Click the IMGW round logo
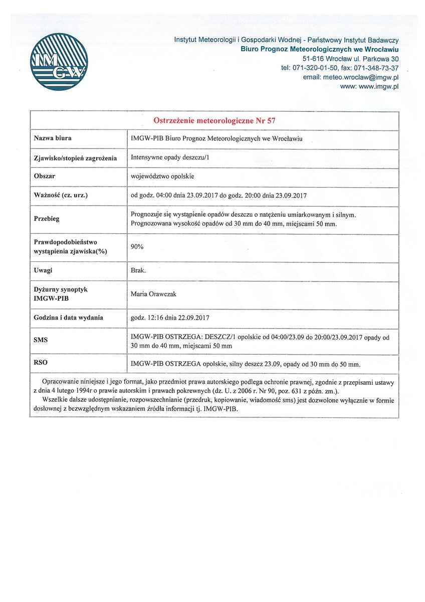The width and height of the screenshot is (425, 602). tap(59, 62)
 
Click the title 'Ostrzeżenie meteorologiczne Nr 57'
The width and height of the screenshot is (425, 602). tap(214, 120)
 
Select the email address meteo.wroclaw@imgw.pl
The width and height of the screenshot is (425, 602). tap(351, 77)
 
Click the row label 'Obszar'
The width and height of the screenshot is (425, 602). tap(45, 176)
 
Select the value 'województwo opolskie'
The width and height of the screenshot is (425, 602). tap(162, 177)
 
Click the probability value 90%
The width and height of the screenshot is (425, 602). tap(137, 247)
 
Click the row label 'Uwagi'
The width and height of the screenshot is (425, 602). tap(44, 270)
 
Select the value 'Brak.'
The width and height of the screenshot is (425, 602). tap(138, 270)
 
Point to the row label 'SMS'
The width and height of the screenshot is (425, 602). tap(41, 340)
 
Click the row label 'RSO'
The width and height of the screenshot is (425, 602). tap(41, 362)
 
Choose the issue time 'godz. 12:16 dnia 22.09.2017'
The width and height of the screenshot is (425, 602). tap(169, 318)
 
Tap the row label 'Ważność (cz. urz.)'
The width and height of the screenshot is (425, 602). tap(61, 195)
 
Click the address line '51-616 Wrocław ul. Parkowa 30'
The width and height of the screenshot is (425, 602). tap(353, 59)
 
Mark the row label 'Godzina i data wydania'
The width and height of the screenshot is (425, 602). tap(69, 318)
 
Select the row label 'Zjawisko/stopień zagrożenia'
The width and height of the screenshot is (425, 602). tap(75, 158)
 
